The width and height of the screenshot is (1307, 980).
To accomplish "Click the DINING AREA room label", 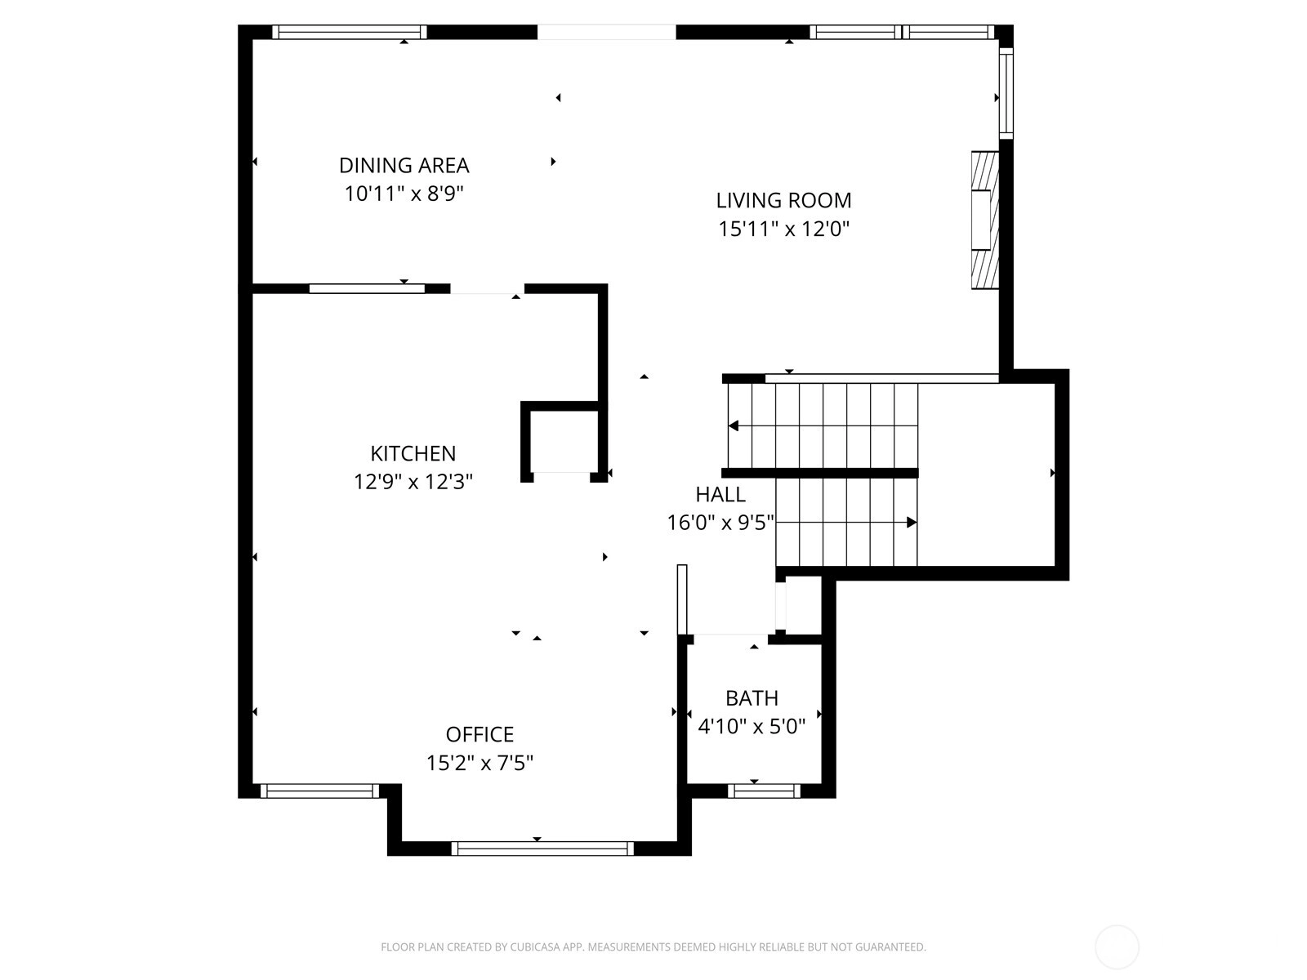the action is tap(404, 166).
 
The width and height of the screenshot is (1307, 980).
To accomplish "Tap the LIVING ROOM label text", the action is tap(783, 201).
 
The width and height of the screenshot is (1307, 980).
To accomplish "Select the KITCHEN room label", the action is tap(413, 453).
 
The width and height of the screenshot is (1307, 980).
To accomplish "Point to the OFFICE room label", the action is tap(480, 734).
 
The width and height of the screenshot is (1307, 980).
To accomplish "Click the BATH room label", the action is tap(752, 698).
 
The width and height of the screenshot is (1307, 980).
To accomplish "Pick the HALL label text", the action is tap(720, 494).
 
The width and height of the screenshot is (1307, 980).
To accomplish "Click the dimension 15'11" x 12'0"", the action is tap(783, 229).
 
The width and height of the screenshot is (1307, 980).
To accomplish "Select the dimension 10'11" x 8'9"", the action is tap(404, 194).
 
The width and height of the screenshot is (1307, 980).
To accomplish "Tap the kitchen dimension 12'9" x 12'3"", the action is tap(413, 481).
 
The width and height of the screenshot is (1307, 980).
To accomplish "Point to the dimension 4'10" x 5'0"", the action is tap(752, 727).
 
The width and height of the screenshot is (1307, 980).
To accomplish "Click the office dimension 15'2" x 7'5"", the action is tap(480, 763).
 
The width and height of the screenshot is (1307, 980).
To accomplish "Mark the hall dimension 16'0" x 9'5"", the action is tap(720, 523).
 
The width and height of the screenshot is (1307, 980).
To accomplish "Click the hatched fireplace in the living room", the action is tap(985, 220).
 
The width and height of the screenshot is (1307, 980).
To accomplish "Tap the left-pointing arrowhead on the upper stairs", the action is tap(734, 426).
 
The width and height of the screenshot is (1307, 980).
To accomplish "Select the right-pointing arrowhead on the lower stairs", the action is tap(911, 523).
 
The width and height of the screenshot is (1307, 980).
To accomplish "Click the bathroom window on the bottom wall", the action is tap(764, 791).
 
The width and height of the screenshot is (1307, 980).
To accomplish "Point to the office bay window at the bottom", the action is tap(542, 849).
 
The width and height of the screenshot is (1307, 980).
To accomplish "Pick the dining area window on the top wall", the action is tap(350, 32).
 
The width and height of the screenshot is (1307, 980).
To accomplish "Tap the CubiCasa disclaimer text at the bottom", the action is tap(653, 947).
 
